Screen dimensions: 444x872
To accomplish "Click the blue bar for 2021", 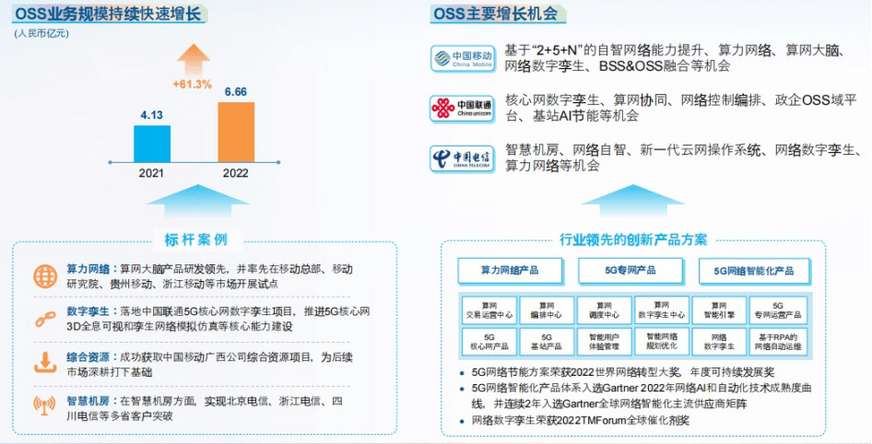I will pos(152,143).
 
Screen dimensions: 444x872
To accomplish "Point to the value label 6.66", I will pos(236,91).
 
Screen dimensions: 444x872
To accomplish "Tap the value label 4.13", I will pos(151,115).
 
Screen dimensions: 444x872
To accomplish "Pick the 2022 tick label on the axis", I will pos(235,172).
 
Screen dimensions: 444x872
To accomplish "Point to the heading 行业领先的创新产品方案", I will pos(633,240).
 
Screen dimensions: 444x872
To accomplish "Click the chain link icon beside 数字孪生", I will pos(44,318).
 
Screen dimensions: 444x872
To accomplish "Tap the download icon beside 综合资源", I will pos(44,360).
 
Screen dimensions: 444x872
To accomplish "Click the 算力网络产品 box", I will pos(509,271).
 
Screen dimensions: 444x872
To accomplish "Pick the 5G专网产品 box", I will pos(630,271).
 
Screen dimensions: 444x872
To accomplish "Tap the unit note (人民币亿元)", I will pos(41,34).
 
